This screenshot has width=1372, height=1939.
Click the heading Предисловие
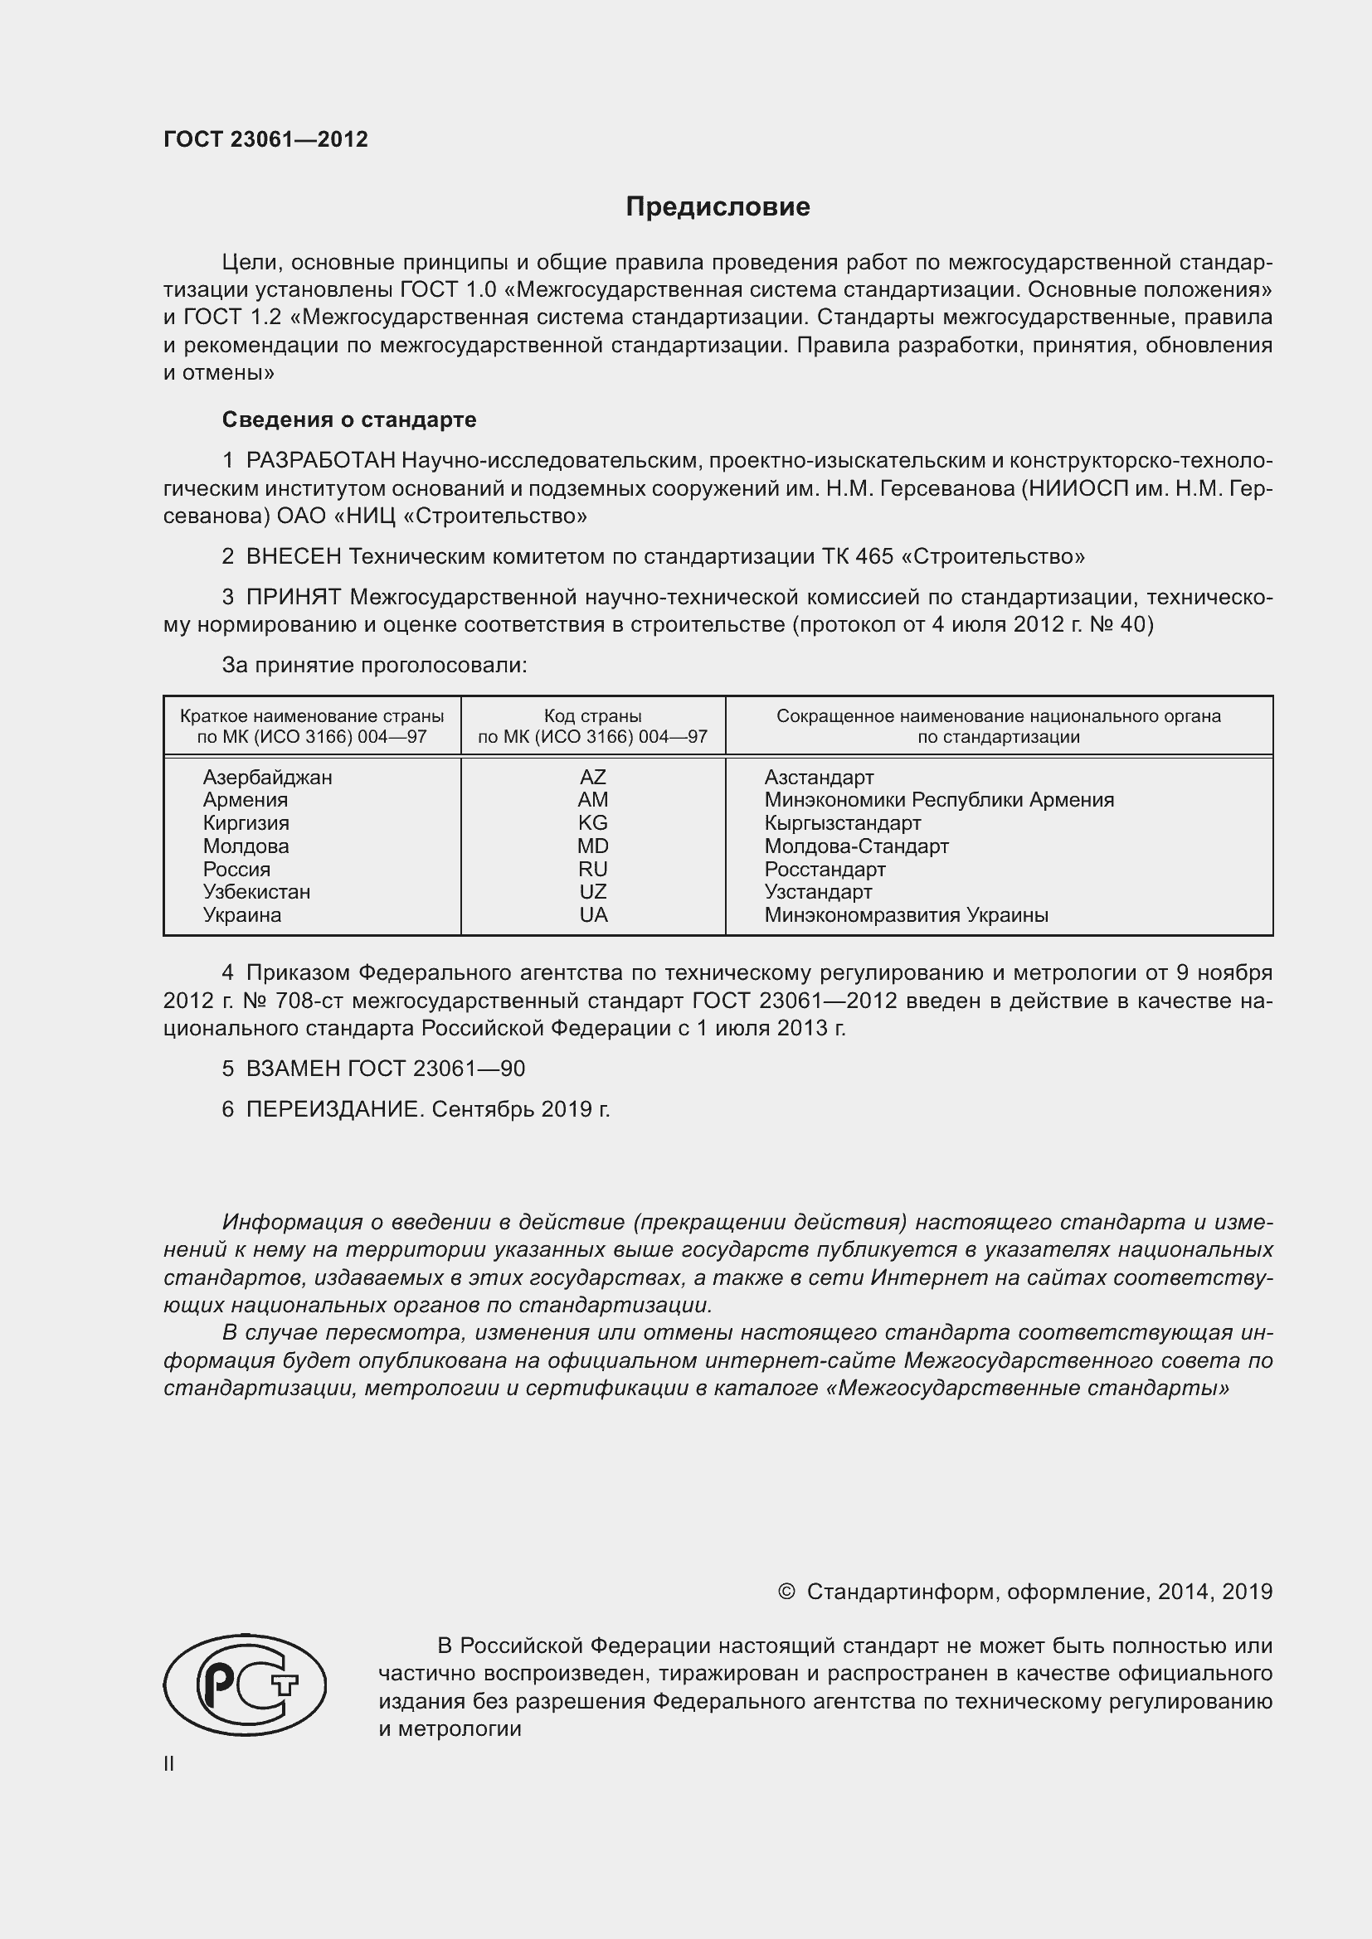pos(718,207)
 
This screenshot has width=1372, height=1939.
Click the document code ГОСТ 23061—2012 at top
pos(265,139)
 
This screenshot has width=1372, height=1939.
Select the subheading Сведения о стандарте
pos(349,419)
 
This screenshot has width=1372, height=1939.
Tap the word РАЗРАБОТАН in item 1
pos(320,460)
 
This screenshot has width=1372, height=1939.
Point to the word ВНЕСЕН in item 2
pos(293,556)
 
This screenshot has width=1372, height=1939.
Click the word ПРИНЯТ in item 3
pos(293,597)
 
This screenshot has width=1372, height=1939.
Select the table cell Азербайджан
pos(267,777)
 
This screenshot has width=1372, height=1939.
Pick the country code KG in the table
pos(592,822)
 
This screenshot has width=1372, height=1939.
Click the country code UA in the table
pos(593,914)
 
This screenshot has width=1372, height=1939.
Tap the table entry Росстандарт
pos(825,869)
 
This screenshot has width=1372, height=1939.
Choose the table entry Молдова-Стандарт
pos(856,846)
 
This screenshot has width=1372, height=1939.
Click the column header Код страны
pos(592,716)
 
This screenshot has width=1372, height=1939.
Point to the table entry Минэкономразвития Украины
pos(906,914)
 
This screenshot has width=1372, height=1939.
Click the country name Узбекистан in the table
pos(256,892)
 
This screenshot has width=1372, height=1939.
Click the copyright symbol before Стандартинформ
pos(786,1592)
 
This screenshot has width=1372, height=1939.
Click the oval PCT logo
pos(245,1684)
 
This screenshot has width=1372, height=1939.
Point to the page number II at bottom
pos(169,1763)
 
